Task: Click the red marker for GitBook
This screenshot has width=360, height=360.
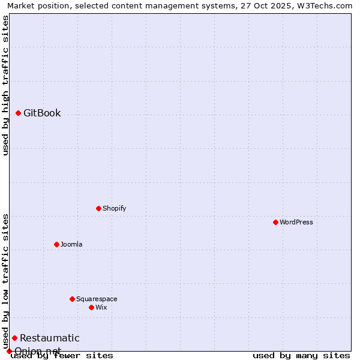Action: [19, 113]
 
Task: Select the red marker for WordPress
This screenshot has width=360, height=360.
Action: [275, 222]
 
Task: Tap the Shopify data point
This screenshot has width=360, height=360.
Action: [98, 208]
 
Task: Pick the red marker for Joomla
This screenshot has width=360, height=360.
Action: [56, 244]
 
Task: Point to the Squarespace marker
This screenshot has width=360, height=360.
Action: [72, 299]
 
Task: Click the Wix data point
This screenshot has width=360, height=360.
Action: [91, 307]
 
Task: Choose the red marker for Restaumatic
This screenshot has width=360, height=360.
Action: [14, 338]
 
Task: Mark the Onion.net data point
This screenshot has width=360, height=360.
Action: [10, 351]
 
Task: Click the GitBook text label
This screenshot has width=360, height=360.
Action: [42, 113]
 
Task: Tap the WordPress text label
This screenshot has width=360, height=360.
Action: [296, 222]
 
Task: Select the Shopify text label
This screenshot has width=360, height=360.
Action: [114, 208]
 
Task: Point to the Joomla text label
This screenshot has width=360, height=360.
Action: [71, 244]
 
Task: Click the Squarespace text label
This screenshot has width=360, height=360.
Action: [97, 299]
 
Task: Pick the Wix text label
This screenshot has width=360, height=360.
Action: [101, 307]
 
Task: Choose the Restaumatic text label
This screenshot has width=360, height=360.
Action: [49, 338]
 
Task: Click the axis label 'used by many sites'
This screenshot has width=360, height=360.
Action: [301, 355]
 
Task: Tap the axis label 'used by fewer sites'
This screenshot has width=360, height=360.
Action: [62, 355]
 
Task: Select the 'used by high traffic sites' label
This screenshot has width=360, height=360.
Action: [5, 86]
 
